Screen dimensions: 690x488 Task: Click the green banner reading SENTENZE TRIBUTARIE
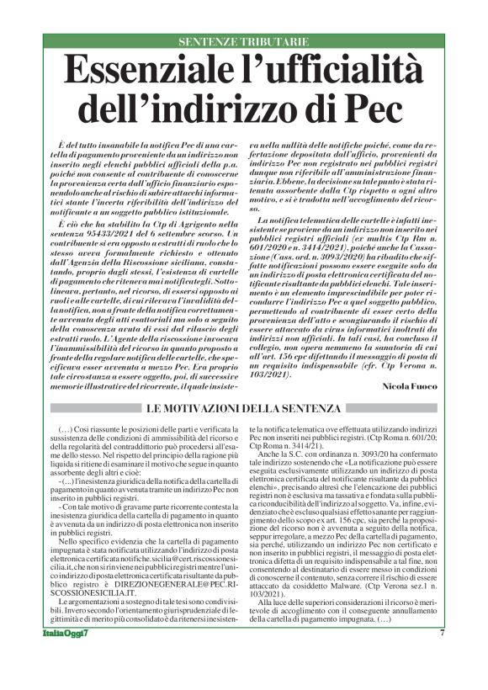[x=243, y=41]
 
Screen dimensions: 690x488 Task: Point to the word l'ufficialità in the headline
[x=330, y=70]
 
